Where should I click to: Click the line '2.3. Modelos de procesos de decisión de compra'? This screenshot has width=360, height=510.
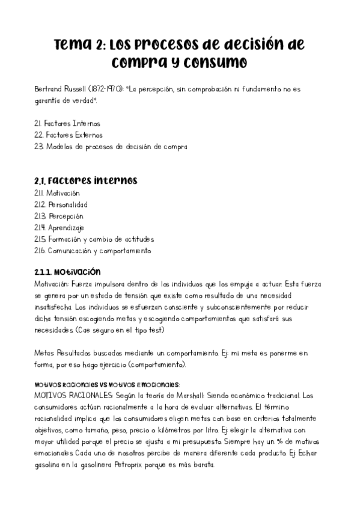tap(111, 146)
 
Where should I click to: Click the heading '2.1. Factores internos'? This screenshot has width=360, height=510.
tap(85, 180)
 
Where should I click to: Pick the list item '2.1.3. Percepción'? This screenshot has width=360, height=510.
tap(59, 216)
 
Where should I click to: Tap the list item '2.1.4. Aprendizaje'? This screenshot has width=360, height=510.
tap(59, 227)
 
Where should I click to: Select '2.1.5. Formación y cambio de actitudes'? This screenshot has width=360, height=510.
tap(94, 239)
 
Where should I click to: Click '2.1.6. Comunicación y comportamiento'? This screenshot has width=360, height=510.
tap(93, 250)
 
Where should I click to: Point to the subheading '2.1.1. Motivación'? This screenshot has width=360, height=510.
tap(67, 272)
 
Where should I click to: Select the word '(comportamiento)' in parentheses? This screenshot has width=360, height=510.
tap(157, 364)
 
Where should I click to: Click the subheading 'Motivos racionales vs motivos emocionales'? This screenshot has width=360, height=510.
tap(107, 384)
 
